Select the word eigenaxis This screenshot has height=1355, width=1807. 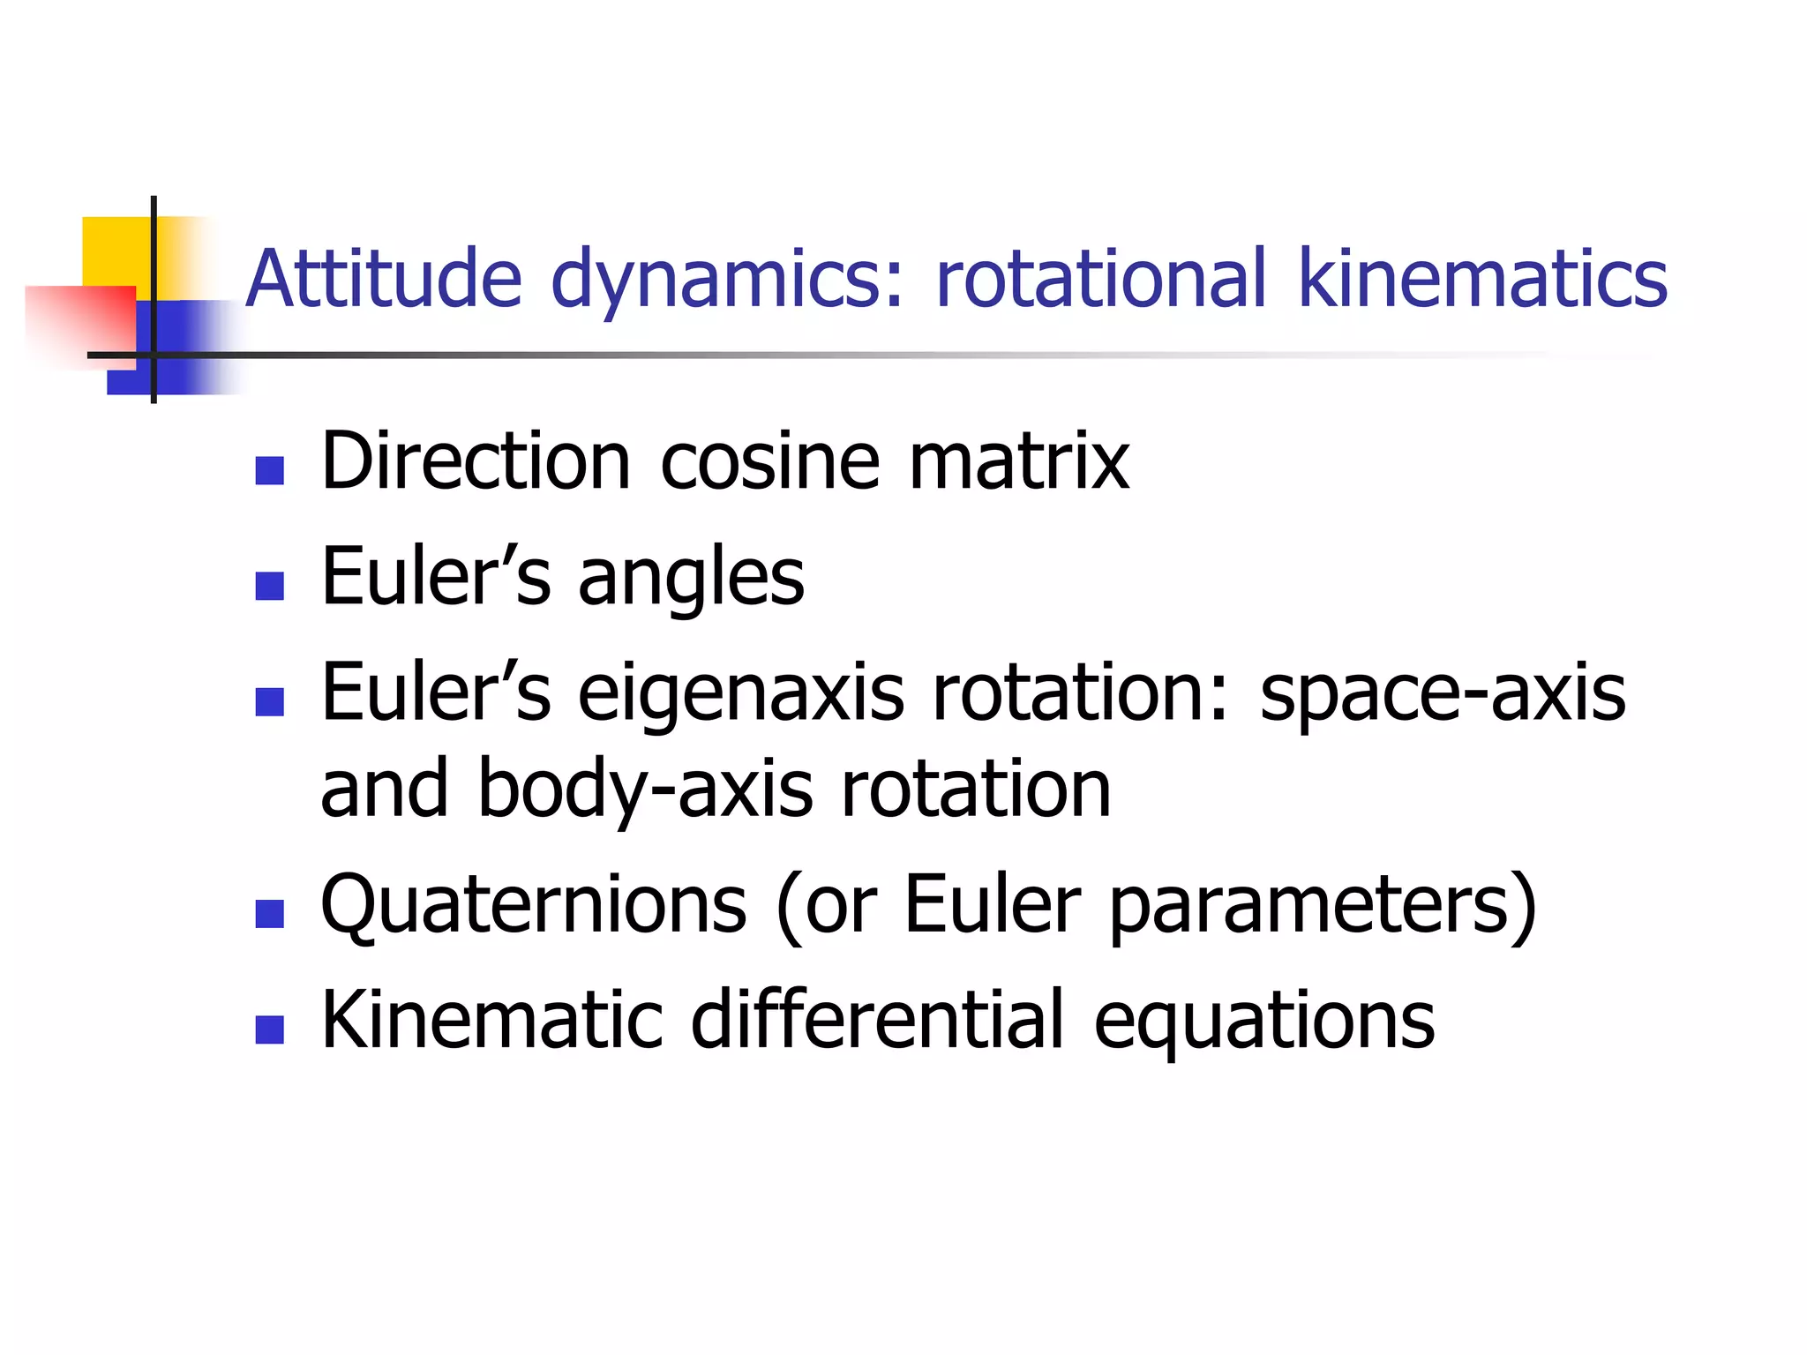(741, 695)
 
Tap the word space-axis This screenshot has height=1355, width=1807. (1443, 695)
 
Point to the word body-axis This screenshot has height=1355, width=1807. (645, 790)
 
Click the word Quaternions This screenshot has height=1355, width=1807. (534, 906)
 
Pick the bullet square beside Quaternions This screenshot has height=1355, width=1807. (269, 914)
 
